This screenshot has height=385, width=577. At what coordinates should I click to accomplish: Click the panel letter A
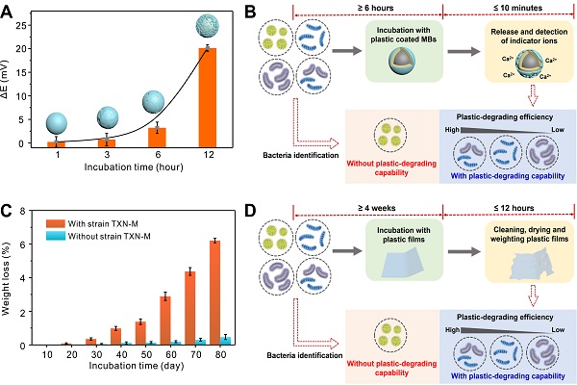click(x=9, y=11)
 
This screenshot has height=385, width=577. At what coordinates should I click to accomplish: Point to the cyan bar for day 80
click(x=226, y=340)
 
